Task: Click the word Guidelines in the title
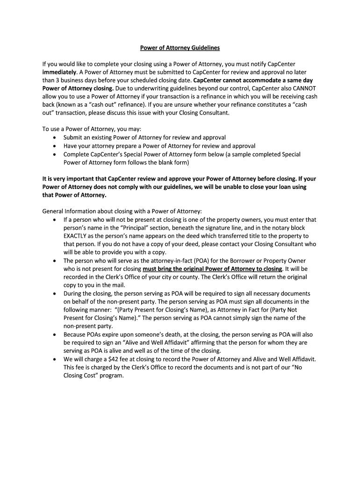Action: pos(202,48)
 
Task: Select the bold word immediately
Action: pos(59,72)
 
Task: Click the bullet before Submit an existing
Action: pos(55,138)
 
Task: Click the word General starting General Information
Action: pos(54,211)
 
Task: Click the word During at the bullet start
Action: pos(74,293)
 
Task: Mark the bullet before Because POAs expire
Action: pos(55,334)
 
